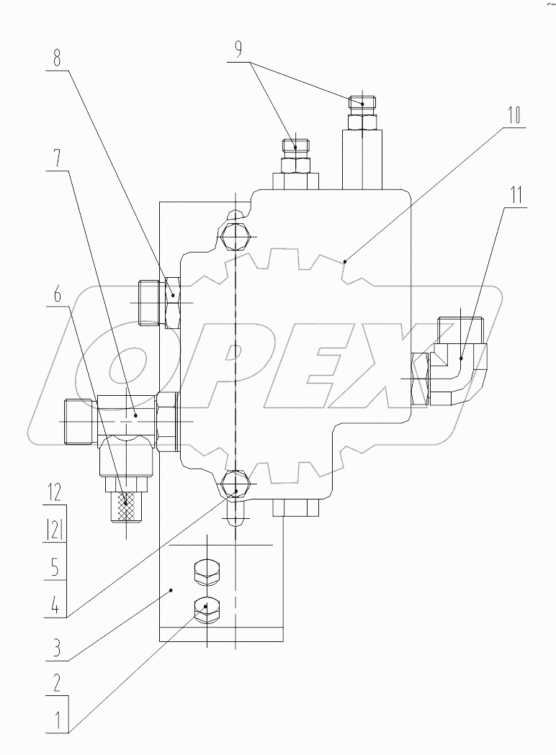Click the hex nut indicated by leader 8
pos(173,302)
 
